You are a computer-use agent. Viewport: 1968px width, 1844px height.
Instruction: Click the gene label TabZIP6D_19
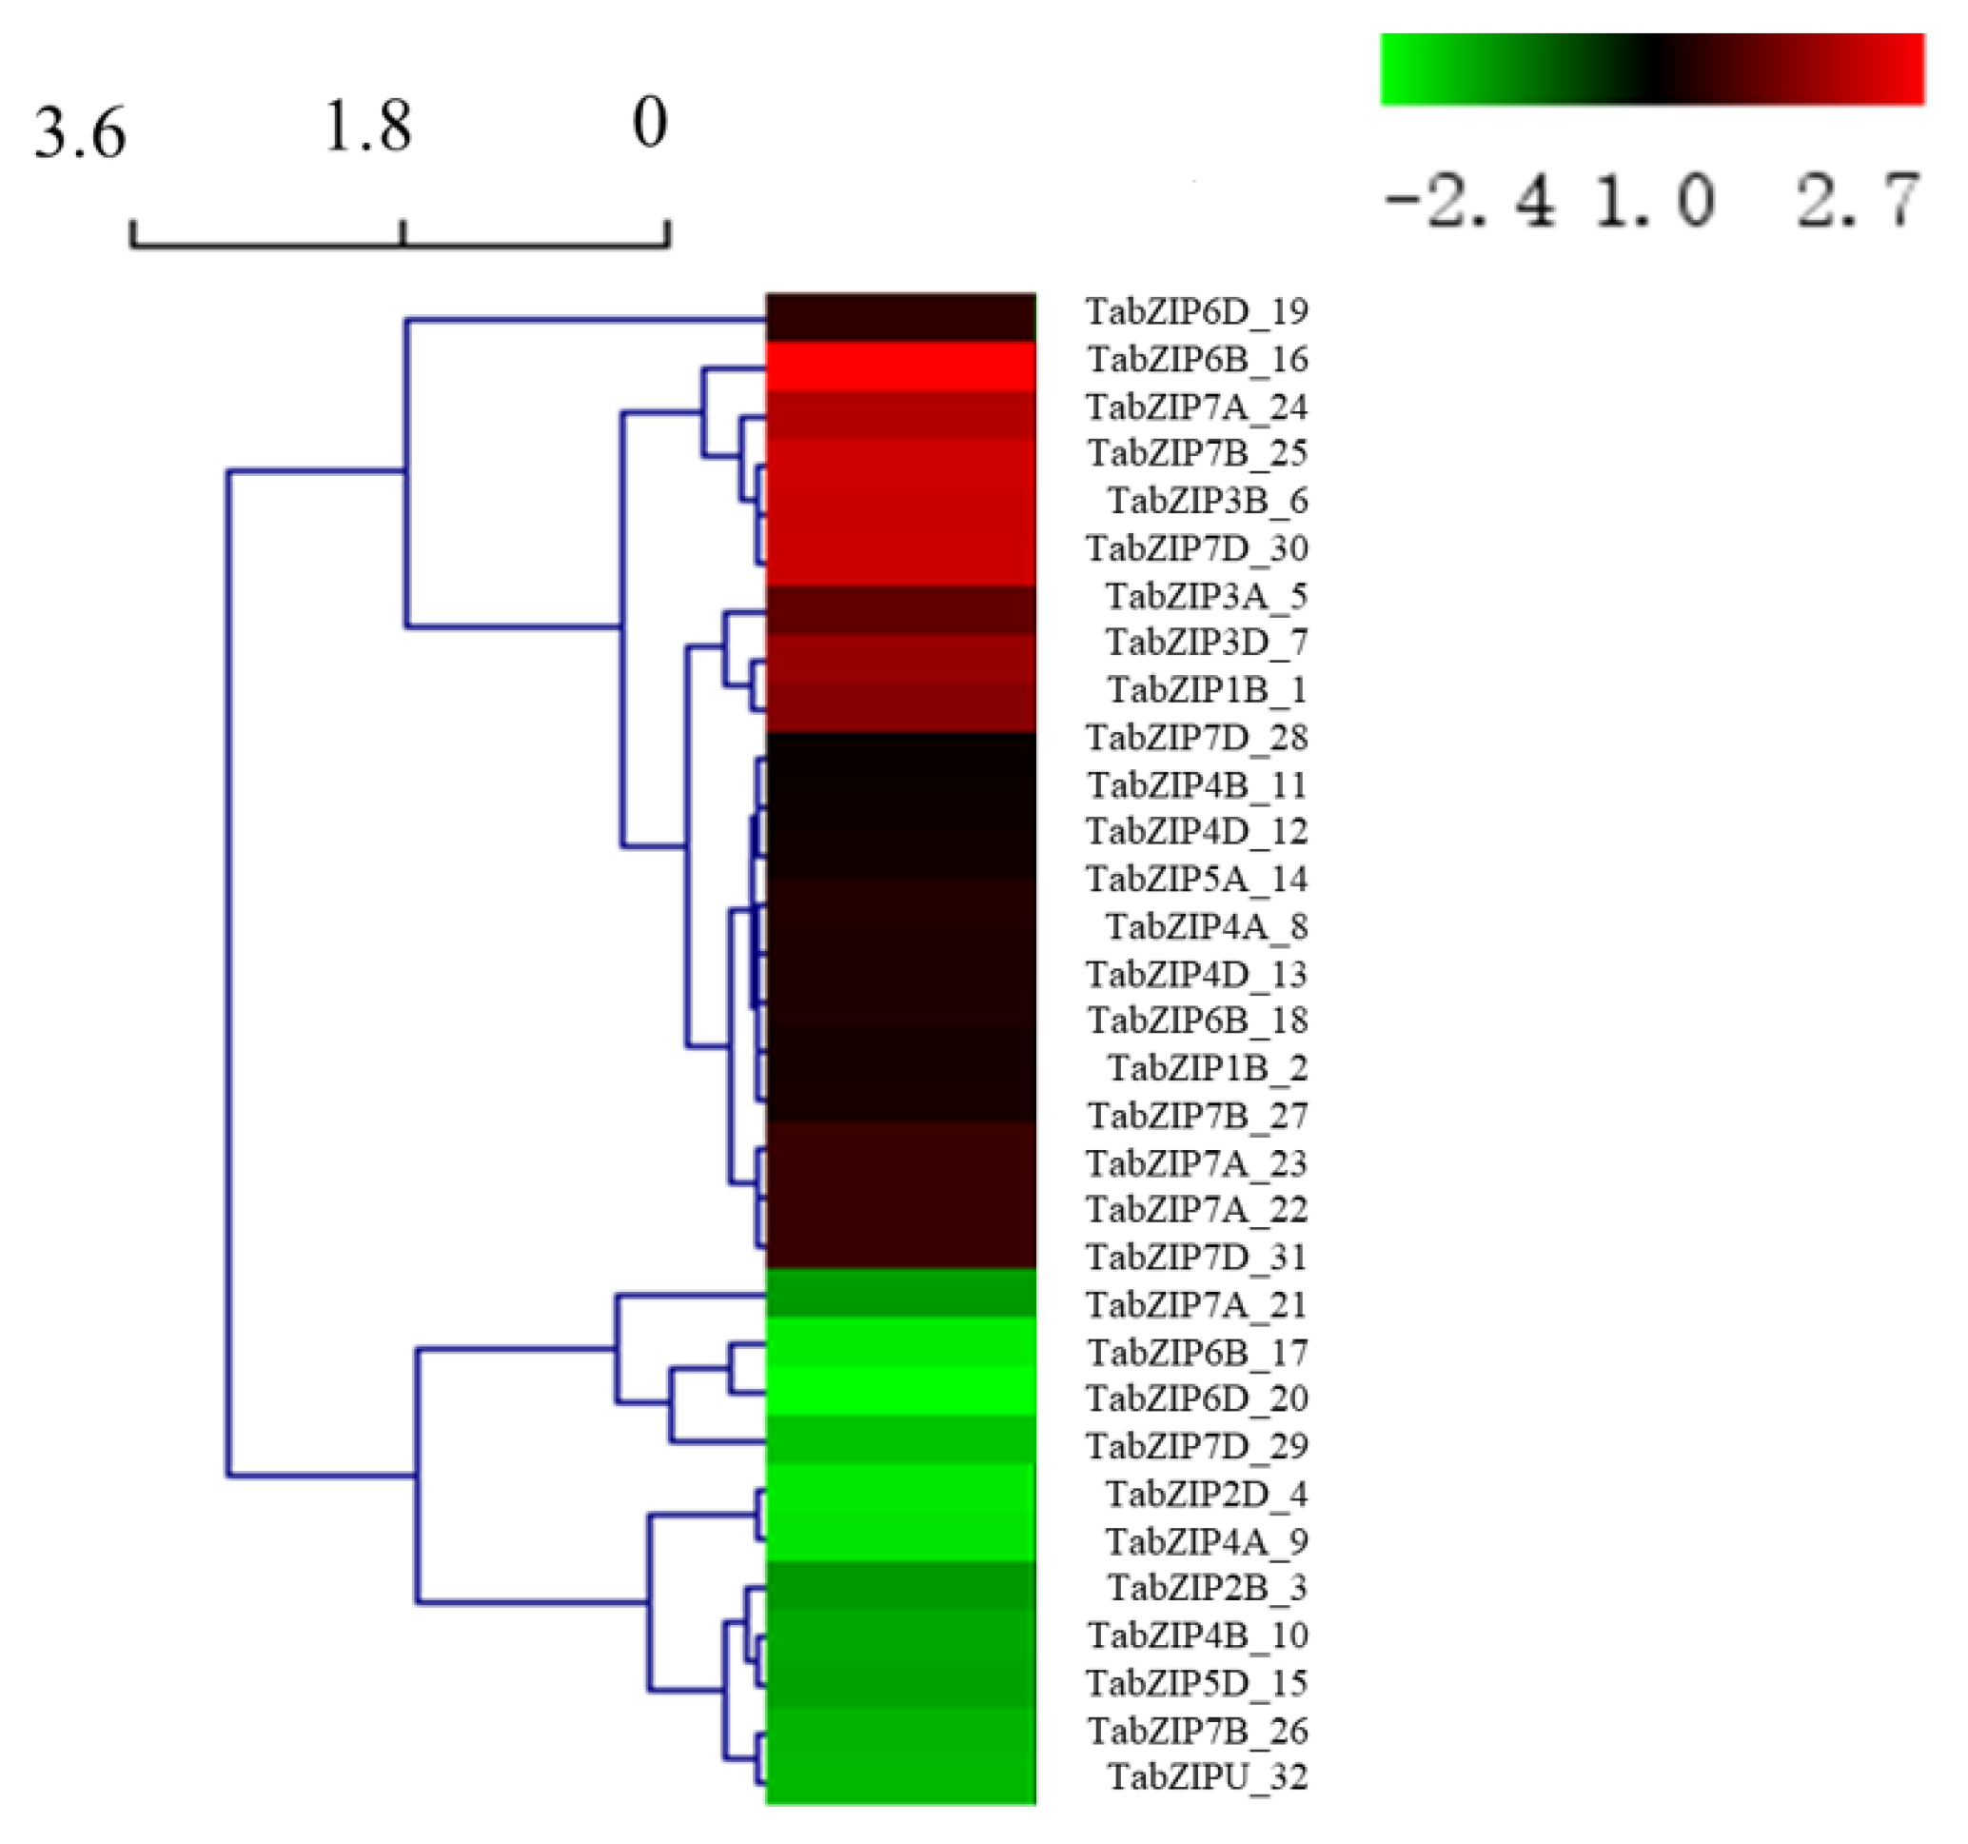pos(1197,312)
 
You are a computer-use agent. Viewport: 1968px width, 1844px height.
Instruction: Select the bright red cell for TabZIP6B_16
pos(901,367)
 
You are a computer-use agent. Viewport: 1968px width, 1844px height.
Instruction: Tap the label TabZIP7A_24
pos(1197,407)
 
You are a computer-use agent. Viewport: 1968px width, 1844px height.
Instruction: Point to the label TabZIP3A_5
pos(1207,596)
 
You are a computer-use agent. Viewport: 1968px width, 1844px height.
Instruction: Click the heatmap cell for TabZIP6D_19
pos(901,318)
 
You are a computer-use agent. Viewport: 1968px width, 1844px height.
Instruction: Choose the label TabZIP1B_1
pos(1207,690)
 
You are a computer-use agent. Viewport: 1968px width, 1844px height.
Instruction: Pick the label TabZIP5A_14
pos(1197,880)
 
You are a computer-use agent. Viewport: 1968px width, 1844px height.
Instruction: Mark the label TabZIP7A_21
pos(1197,1305)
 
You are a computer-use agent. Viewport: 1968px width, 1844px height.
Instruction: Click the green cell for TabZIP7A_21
pos(901,1294)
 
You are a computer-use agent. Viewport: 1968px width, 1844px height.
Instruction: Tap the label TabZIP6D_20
pos(1197,1398)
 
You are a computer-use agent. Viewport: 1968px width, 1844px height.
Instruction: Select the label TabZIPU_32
pos(1207,1776)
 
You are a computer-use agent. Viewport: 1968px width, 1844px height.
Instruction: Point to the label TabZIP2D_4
pos(1207,1494)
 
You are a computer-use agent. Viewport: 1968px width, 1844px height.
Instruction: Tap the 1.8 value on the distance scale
pos(367,128)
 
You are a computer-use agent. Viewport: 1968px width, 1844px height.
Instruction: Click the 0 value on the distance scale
pos(649,124)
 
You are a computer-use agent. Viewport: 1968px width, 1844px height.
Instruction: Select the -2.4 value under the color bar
pos(1468,201)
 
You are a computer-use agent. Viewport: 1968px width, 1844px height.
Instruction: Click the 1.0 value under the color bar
pos(1654,201)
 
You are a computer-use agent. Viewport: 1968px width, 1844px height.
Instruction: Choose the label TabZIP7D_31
pos(1197,1258)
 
